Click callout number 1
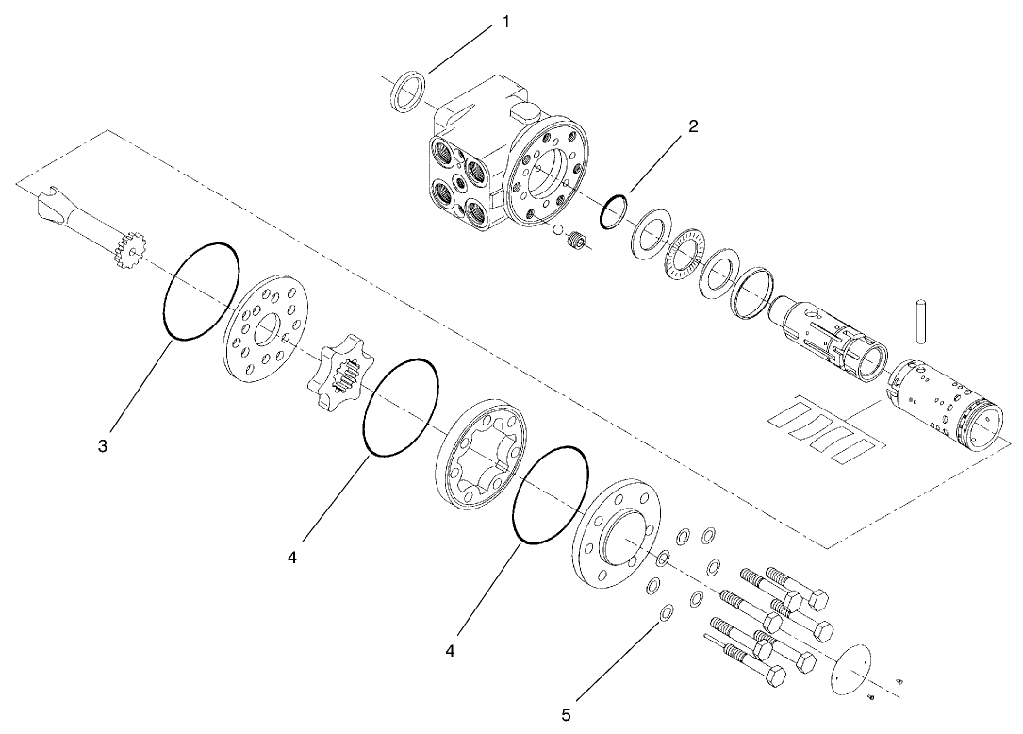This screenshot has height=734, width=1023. pos(505,22)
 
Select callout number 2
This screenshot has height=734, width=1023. pos(693,126)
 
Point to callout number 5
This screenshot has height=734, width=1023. pos(566,715)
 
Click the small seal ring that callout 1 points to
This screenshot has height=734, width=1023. pos(407,92)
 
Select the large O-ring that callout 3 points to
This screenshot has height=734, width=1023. pos(201,291)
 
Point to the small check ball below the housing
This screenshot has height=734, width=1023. pos(557,231)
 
